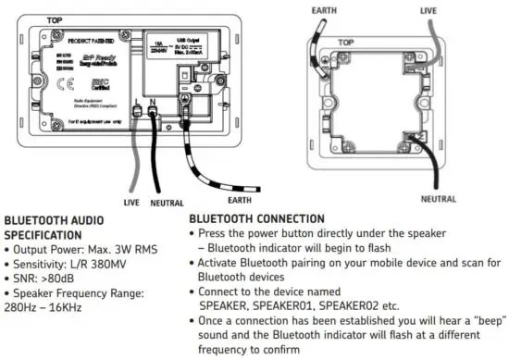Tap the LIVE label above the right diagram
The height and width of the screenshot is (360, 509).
coord(428,10)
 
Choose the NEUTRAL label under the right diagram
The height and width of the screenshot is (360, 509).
coord(439,198)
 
